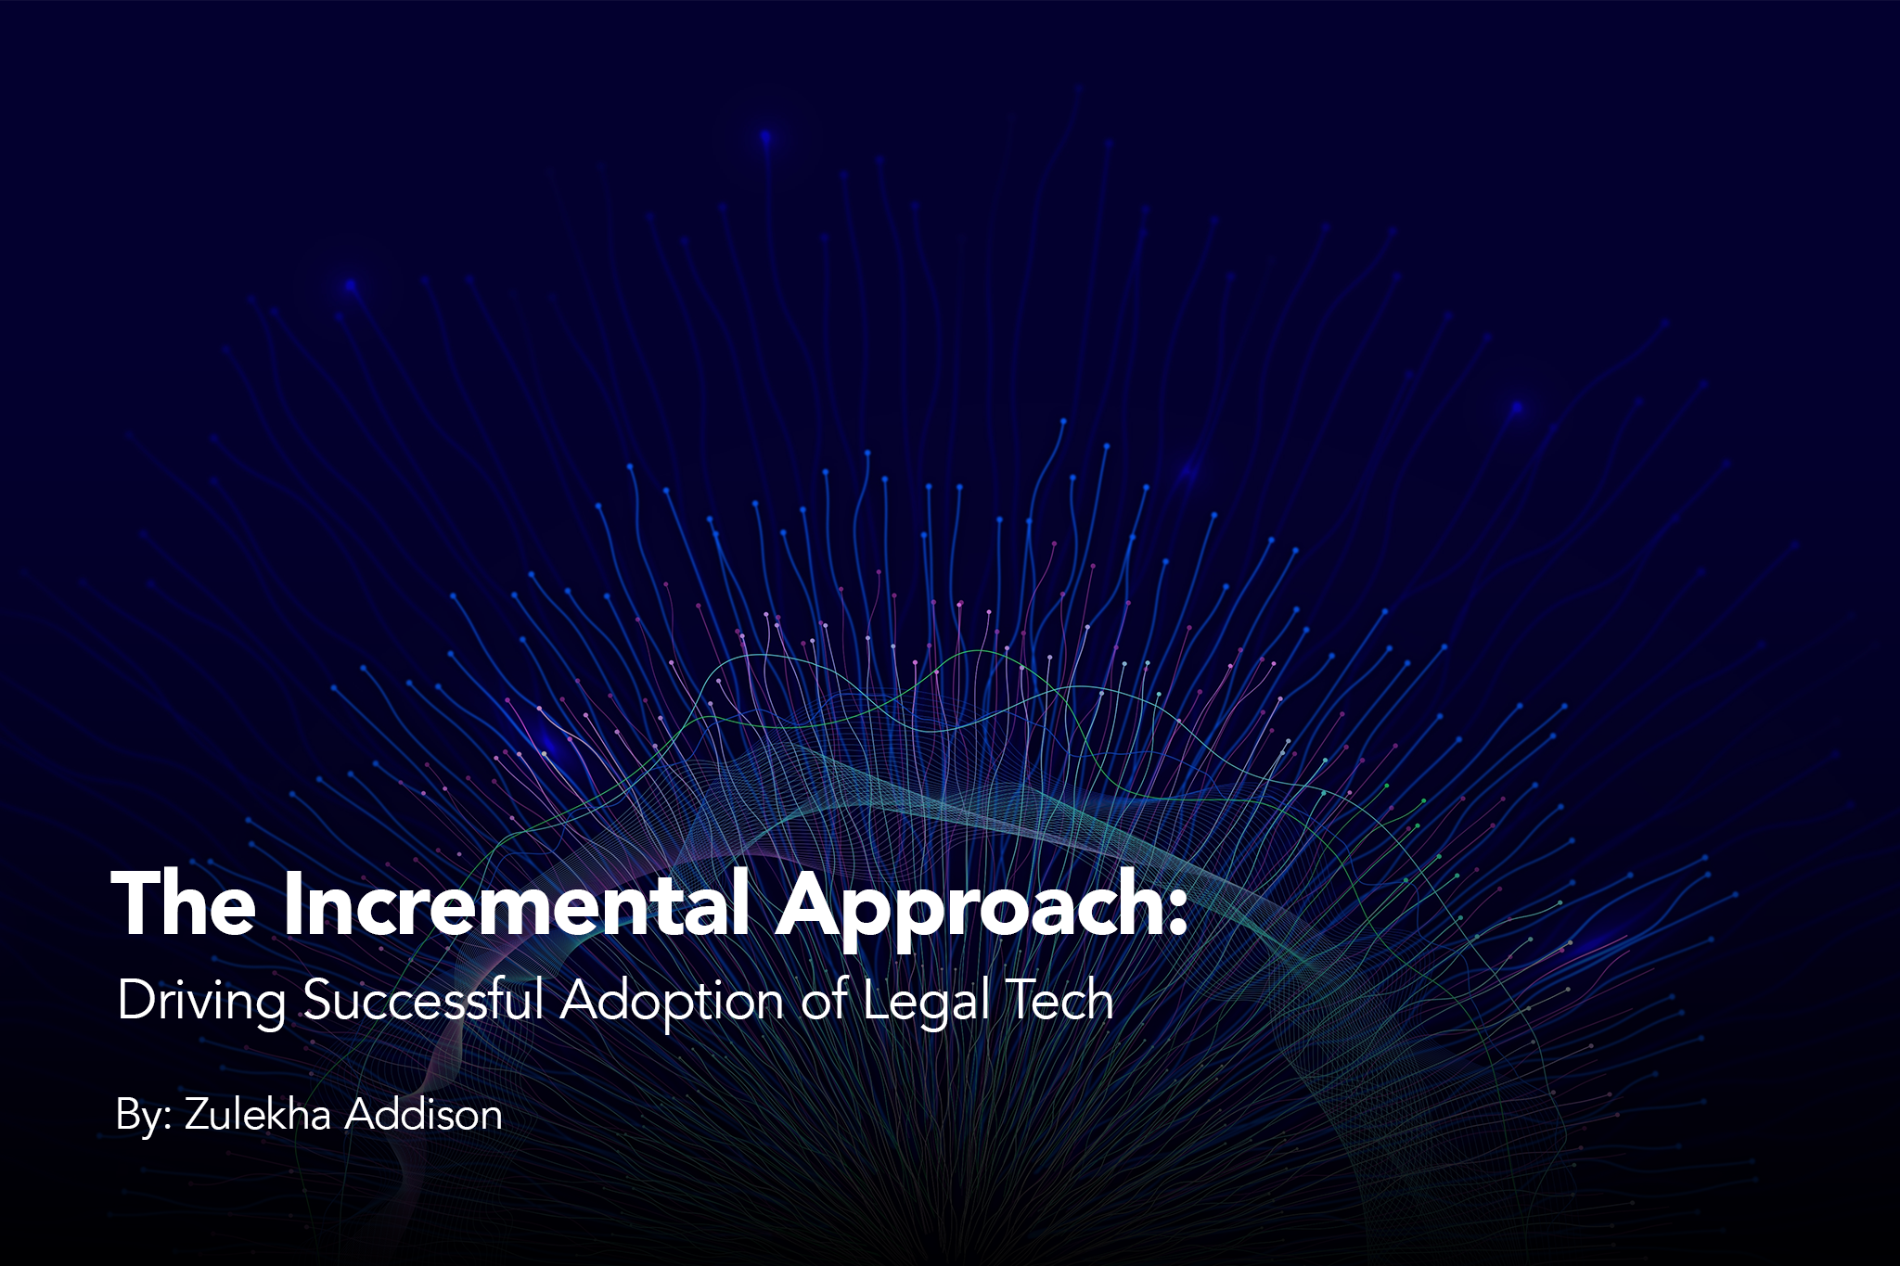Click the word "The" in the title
pos(184,902)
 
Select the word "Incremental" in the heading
pos(516,902)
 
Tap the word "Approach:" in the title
pos(982,910)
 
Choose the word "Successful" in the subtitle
pos(423,1000)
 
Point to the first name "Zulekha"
pos(258,1113)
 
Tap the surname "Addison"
pos(424,1113)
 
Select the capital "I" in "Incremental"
pos(294,902)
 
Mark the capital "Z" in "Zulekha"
pos(199,1115)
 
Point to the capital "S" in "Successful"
pos(319,1000)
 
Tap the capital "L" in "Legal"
pos(878,1000)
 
